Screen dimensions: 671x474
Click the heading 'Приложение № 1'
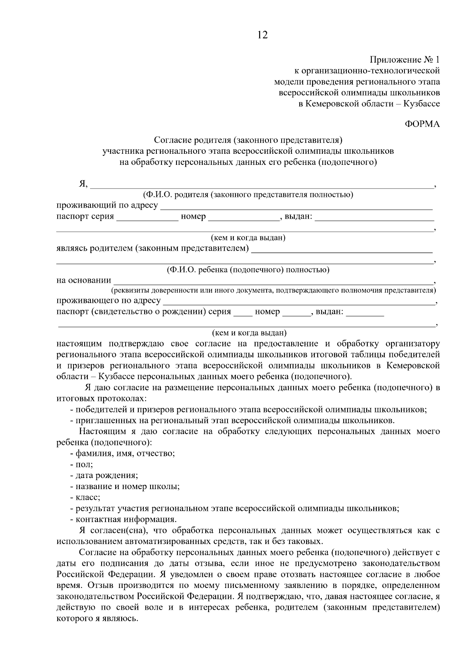pyautogui.click(x=404, y=60)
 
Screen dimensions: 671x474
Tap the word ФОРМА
pyautogui.click(x=422, y=124)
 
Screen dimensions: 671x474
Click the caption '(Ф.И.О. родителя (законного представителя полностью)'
pyautogui.click(x=248, y=195)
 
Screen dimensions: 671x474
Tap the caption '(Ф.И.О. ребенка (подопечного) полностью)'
pyautogui.click(x=248, y=270)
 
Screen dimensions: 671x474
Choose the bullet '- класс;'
pyautogui.click(x=85, y=497)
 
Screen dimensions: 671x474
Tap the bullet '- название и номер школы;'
pyautogui.click(x=125, y=486)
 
